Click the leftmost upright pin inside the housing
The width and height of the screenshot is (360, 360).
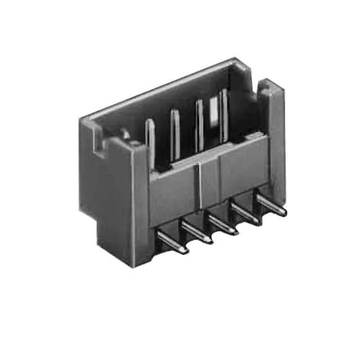click(150, 144)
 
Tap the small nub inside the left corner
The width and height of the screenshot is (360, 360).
click(126, 133)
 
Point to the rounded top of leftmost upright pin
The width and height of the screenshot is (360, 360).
click(150, 122)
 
